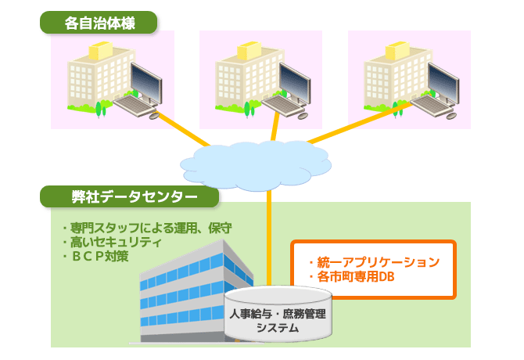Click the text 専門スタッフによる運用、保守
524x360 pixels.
click(x=149, y=229)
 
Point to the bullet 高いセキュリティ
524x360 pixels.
click(x=114, y=243)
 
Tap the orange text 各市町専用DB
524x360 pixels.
click(x=354, y=277)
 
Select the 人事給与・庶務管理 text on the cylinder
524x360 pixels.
click(x=278, y=313)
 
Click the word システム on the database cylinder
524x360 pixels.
click(x=278, y=328)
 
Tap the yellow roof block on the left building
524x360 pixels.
click(x=99, y=52)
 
